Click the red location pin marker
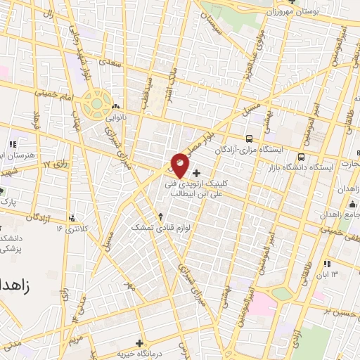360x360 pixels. tap(180, 165)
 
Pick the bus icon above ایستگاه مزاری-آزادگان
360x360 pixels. tap(249, 139)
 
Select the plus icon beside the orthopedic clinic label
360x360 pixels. tap(196, 172)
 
